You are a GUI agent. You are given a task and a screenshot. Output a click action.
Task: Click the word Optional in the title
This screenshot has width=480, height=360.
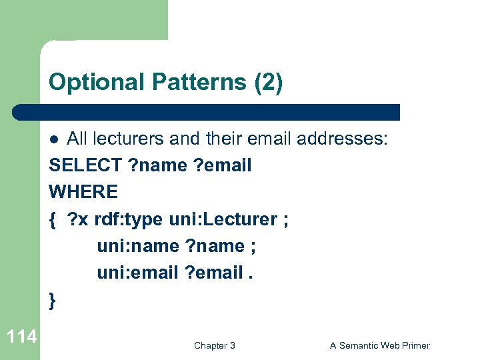click(x=96, y=83)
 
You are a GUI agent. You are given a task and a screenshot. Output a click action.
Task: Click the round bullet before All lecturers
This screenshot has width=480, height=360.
click(x=57, y=139)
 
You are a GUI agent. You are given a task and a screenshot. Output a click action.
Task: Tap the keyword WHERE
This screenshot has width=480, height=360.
click(x=83, y=192)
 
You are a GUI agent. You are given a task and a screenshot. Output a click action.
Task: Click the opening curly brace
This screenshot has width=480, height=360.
click(x=53, y=219)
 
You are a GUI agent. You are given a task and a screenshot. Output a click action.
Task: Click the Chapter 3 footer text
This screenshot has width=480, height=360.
click(x=214, y=345)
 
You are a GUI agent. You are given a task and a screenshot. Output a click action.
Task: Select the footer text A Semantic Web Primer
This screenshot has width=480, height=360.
click(x=379, y=345)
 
